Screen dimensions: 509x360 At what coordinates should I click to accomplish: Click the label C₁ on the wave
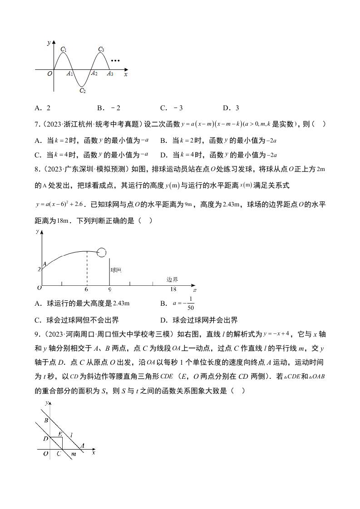pos(63,49)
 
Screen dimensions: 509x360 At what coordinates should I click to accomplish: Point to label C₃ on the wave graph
pos(101,49)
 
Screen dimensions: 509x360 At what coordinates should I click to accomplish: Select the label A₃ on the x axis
pos(110,73)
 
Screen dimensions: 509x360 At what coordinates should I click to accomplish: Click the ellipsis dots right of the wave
pos(115,60)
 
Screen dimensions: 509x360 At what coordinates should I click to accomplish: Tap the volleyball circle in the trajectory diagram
pos(102,252)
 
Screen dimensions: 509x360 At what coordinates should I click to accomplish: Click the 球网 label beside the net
pos(116,270)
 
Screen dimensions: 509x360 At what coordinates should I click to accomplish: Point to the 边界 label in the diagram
pos(172,279)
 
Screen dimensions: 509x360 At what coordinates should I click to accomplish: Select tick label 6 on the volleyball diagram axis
pos(86,289)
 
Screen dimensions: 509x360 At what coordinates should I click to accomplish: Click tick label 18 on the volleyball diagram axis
pos(173,289)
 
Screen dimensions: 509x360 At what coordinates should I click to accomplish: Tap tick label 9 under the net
pos(109,289)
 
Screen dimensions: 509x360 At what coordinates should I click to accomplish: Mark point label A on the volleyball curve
pos(44,264)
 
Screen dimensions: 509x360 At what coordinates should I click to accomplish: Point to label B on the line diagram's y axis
pos(46,421)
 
